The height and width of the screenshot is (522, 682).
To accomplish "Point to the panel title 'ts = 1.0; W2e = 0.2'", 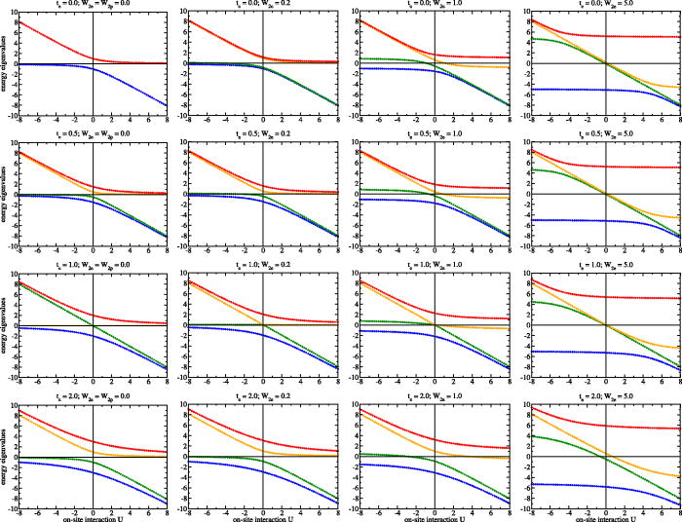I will click(264, 265).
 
